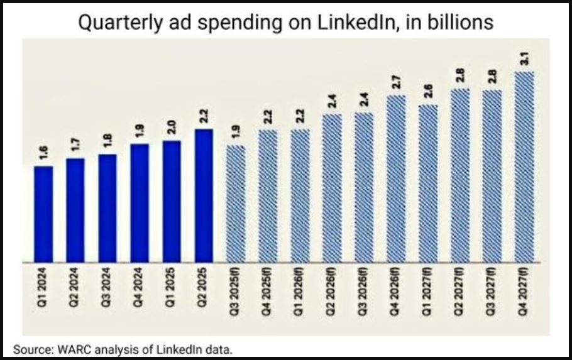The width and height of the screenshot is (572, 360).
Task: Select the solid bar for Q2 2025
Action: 204,195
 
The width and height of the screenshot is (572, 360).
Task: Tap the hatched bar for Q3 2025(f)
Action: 236,204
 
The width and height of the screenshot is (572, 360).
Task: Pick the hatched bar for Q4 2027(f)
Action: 524,166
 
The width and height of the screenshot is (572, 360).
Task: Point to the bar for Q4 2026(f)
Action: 396,179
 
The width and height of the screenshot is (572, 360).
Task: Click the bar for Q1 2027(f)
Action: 428,183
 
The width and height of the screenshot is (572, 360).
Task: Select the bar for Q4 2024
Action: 140,202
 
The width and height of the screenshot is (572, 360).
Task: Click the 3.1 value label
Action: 525,60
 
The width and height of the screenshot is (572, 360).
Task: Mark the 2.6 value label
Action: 429,92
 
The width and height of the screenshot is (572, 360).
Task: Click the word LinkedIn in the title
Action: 366,23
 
